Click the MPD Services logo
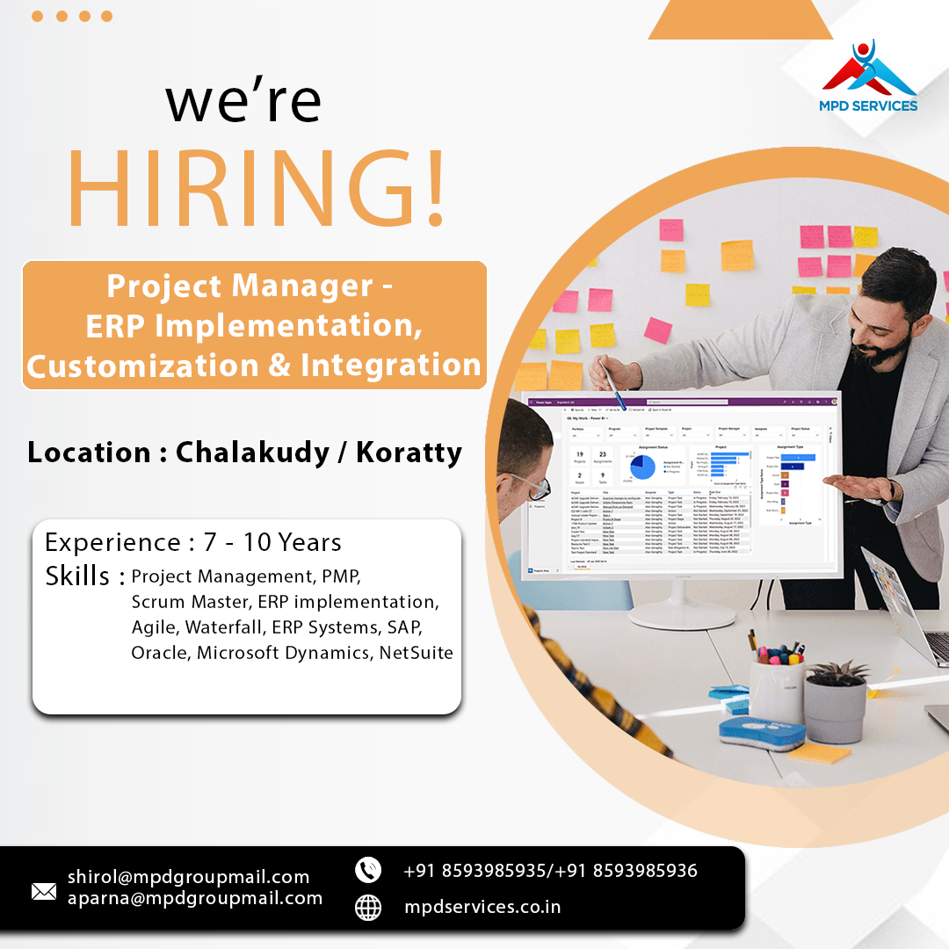[869, 77]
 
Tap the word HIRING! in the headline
[256, 185]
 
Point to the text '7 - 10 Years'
[272, 542]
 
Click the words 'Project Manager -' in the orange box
[250, 286]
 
